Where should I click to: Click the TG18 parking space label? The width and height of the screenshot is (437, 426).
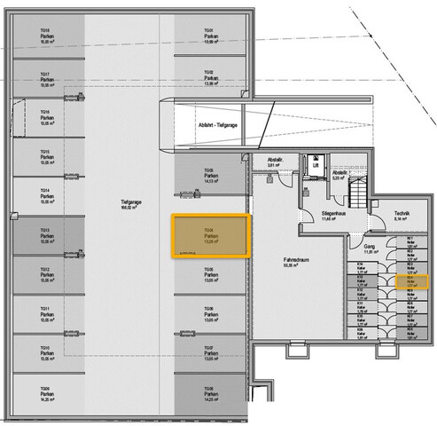[45, 35]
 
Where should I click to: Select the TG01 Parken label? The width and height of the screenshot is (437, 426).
[209, 35]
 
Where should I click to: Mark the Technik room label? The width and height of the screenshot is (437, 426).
[401, 215]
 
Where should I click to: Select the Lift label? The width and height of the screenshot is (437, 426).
[315, 165]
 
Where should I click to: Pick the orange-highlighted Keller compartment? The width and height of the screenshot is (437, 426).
[412, 281]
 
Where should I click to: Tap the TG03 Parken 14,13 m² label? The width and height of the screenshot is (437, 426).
[209, 175]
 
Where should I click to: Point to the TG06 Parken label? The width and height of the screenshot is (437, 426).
[209, 312]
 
